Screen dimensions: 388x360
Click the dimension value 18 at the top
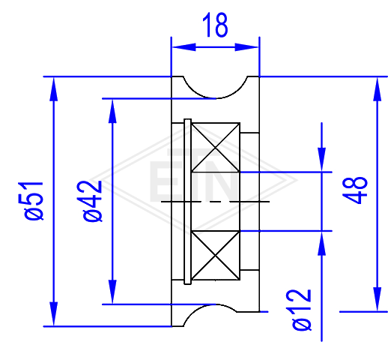point(215,25)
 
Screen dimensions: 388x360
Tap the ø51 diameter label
point(34,201)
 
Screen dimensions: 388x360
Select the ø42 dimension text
point(92,201)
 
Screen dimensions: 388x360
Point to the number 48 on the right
point(355,190)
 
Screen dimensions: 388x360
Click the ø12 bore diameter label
point(302,310)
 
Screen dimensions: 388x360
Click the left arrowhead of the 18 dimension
point(184,47)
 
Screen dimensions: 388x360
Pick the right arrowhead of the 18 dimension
point(246,47)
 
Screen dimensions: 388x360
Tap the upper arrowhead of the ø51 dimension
point(54,89)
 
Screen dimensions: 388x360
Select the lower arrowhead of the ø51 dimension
point(54,313)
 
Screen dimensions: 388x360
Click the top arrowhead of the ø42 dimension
point(112,111)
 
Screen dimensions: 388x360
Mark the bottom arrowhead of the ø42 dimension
point(112,292)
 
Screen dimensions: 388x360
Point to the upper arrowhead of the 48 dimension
point(378,89)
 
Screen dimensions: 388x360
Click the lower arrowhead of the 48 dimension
point(378,299)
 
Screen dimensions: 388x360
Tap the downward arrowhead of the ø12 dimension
point(321,160)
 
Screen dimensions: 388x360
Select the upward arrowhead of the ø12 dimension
point(321,243)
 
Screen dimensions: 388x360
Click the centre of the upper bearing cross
point(216,148)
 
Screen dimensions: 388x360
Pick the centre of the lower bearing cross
point(216,256)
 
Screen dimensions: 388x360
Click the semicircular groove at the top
point(216,98)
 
